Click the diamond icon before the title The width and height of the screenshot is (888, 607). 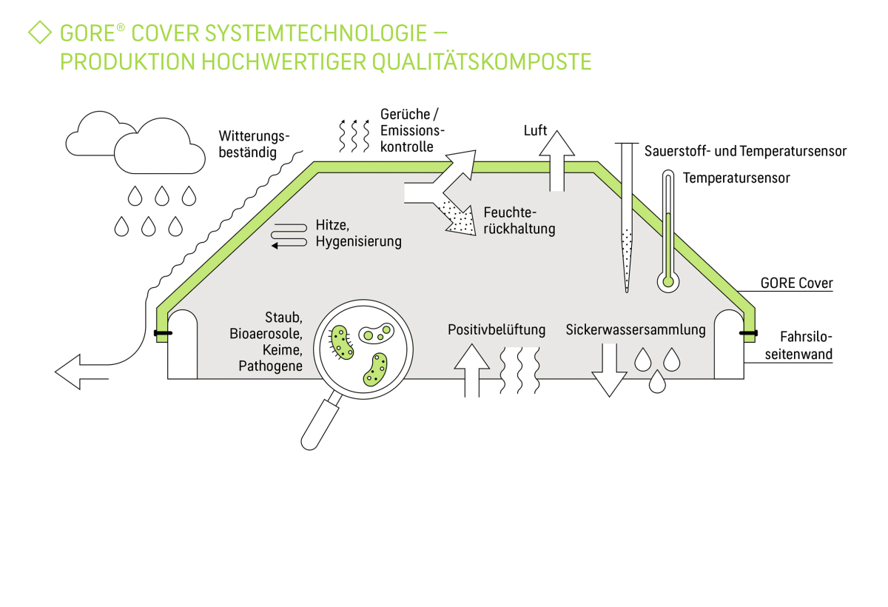39,33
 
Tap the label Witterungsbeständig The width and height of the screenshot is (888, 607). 254,144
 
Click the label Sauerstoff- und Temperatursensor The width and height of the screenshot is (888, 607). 745,152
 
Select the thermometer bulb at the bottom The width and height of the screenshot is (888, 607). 668,281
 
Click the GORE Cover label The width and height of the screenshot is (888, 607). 796,284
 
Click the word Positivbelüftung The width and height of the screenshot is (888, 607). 497,330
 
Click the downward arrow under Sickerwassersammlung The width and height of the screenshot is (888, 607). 609,370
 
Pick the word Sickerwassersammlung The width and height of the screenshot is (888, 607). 635,330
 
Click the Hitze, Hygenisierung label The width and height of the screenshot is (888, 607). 358,233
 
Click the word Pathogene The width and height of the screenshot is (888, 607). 270,366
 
